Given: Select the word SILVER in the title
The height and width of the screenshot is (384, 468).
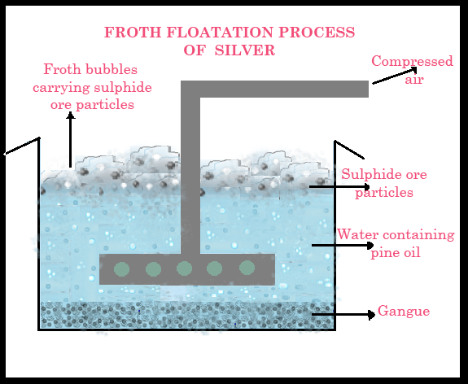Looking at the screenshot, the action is [245, 50].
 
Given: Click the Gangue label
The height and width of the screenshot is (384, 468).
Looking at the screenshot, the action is [404, 311].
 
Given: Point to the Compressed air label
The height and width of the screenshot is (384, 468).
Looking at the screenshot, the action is [413, 70].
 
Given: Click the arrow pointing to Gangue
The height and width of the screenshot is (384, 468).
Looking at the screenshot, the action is [343, 315].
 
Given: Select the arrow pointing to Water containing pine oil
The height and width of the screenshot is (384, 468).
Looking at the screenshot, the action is [343, 245].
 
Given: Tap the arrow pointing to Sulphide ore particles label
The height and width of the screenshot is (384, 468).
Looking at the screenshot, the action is [339, 187].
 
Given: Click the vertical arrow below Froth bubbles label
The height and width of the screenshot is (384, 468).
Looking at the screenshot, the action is [71, 140].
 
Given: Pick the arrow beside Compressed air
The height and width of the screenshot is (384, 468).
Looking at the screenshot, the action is [395, 76].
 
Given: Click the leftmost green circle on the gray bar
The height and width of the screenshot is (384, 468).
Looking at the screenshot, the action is [121, 269].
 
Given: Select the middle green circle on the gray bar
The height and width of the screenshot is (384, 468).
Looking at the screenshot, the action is [184, 268].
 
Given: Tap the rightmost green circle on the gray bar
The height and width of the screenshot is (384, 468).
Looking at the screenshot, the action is [247, 268].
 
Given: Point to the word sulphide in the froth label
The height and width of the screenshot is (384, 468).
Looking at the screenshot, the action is [123, 87].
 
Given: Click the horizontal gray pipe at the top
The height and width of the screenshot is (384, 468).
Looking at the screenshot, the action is [274, 89].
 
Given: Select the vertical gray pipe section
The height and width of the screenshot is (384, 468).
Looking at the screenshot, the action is [190, 176].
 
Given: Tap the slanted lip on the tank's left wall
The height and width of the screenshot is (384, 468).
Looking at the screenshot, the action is [22, 146].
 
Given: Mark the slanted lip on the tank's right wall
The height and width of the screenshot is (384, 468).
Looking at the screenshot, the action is [349, 150].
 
